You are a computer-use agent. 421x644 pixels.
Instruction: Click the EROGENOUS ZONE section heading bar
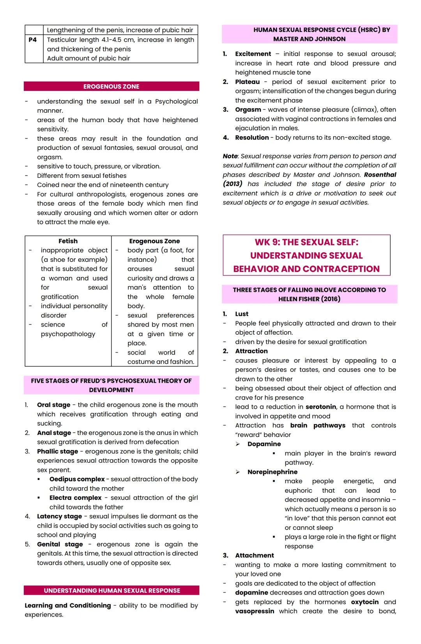(x=111, y=87)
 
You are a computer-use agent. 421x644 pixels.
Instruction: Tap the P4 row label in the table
(x=33, y=40)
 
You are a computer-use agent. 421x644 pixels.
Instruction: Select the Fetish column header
(x=68, y=241)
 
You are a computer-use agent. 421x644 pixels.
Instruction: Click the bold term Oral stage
(x=54, y=405)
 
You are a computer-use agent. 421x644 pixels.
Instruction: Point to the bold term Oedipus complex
(x=77, y=479)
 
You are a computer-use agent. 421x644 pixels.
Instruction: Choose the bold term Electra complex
(x=75, y=498)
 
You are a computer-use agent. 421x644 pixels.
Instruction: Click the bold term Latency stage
(x=59, y=516)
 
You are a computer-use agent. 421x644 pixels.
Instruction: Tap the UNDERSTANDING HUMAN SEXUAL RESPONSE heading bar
(x=112, y=591)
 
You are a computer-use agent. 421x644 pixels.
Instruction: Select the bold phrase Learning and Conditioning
(x=68, y=605)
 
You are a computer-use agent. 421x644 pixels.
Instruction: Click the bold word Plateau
(x=247, y=82)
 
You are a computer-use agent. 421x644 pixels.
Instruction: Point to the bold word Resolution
(x=252, y=138)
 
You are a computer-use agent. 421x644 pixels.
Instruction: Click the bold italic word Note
(x=230, y=156)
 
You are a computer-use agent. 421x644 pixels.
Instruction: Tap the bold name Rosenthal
(x=380, y=175)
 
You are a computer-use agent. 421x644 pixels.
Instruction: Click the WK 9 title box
(x=306, y=255)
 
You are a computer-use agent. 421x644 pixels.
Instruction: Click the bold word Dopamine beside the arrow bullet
(x=264, y=444)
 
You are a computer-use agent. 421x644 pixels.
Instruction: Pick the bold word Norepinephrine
(x=272, y=472)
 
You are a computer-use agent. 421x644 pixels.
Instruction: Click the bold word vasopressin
(x=255, y=611)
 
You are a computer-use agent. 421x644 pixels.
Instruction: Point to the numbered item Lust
(x=242, y=314)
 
